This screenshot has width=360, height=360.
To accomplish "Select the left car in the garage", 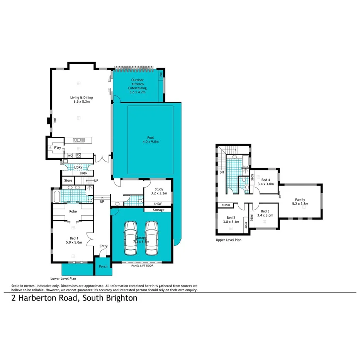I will coord(130,238).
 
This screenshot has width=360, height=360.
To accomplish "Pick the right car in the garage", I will coord(152,238).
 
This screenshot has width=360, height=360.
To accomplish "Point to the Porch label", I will coord(104,267).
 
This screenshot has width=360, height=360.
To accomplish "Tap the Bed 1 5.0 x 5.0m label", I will coord(73,240).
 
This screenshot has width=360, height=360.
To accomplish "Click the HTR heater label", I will coord(55,121).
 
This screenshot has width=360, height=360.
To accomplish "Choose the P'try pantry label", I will coord(58,148).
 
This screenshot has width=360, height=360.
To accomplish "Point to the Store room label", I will coord(68,180).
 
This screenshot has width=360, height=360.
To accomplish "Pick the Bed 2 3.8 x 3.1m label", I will coord(231,220).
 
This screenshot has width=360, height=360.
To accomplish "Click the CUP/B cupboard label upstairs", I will coord(226,205).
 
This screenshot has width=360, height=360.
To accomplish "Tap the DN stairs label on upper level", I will coord(221,173).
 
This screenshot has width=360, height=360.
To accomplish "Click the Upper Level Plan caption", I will coord(229,240).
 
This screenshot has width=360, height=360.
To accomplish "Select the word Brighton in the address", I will coord(120,298).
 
